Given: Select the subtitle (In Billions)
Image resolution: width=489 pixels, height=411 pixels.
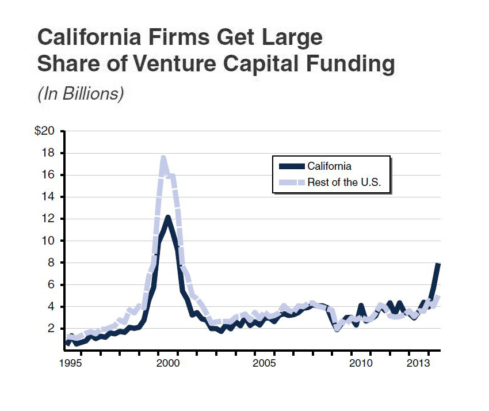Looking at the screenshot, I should tap(81, 93).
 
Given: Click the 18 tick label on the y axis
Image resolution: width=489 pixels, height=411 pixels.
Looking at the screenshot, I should tap(48, 153).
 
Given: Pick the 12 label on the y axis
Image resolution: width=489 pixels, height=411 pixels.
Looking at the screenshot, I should tap(48, 219).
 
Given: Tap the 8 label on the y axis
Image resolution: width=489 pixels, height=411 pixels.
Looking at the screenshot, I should tap(51, 262).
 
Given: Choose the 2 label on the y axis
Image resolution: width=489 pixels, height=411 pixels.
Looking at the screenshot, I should tap(51, 328).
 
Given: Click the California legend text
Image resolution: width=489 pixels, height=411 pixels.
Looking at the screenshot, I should tap(329, 166).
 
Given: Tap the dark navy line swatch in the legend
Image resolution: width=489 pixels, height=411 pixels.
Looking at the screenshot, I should tap(291, 166).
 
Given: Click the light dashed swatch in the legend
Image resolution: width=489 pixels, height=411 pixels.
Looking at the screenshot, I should tap(291, 183).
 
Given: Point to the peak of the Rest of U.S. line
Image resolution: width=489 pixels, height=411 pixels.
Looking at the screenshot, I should tap(163, 158).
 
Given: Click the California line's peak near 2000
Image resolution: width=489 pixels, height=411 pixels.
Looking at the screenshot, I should tap(167, 218).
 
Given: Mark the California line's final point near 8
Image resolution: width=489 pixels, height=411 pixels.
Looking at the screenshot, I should tap(438, 264).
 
